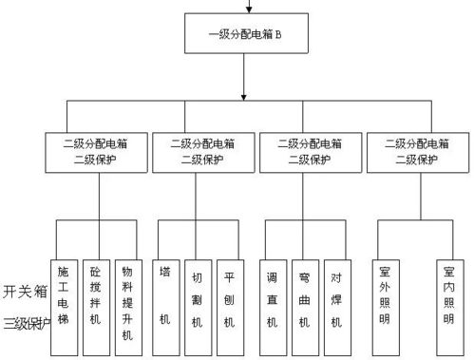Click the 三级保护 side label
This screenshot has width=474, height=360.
click(x=25, y=322)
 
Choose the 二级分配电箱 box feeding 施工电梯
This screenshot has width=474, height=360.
click(x=96, y=153)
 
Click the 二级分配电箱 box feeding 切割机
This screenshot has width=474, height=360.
click(x=203, y=153)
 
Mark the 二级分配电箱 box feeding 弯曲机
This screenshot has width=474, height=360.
click(x=312, y=153)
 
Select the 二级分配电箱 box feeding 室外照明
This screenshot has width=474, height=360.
click(x=419, y=153)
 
